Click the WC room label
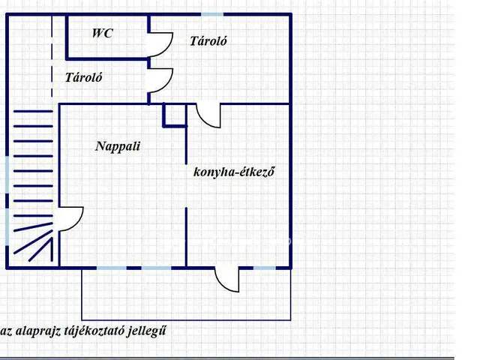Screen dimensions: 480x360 click(x=103, y=33)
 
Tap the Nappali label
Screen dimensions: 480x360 click(x=118, y=146)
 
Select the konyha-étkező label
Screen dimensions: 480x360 click(x=234, y=172)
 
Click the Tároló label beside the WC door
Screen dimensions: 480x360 click(x=208, y=41)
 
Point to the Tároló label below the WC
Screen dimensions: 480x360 click(x=83, y=77)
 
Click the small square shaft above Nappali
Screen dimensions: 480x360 click(x=175, y=115)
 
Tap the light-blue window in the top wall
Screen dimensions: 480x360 click(x=212, y=14)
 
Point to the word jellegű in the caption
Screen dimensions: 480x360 click(x=147, y=331)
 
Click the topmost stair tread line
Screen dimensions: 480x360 click(x=33, y=111)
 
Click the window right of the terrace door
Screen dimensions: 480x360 click(x=265, y=268)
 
